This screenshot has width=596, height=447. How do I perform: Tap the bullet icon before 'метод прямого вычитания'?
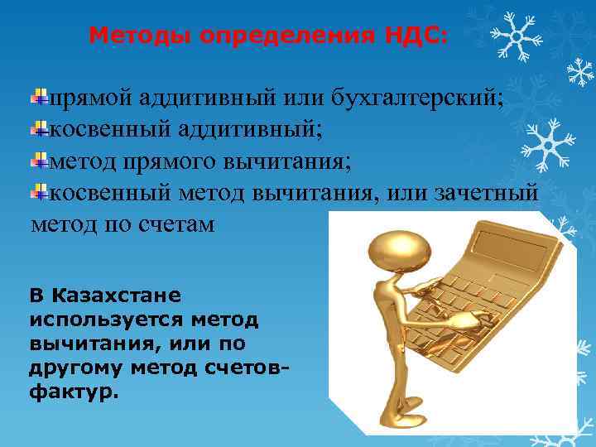click(x=38, y=161)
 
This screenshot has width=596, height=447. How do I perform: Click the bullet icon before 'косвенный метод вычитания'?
click(x=38, y=193)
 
